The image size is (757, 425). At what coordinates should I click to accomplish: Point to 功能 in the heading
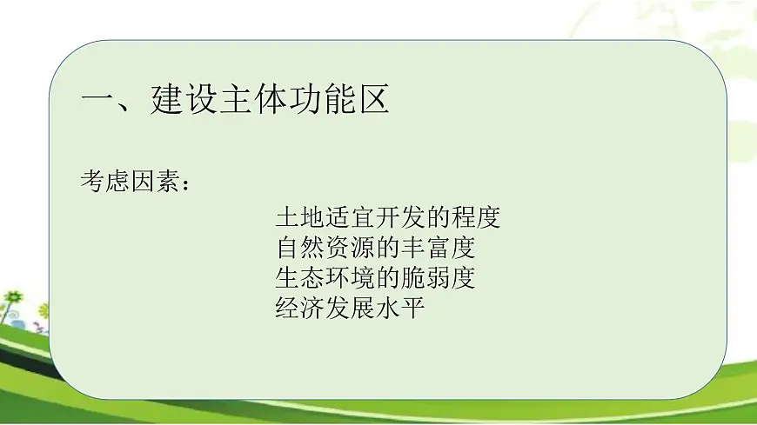[322, 102]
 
